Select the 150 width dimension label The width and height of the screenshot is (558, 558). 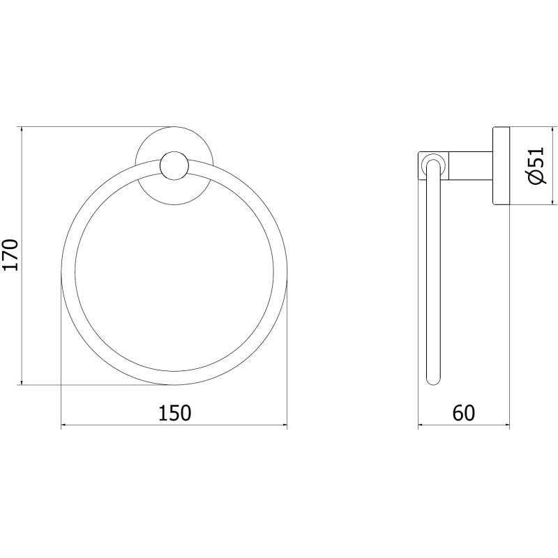(174, 413)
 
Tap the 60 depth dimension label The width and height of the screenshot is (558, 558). (463, 413)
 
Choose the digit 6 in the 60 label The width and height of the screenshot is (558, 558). (458, 413)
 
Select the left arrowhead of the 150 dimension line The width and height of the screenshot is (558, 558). (65, 424)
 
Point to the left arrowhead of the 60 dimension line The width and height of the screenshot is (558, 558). (421, 424)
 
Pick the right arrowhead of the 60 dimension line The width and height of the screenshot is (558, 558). (507, 424)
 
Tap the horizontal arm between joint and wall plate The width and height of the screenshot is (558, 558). (471, 165)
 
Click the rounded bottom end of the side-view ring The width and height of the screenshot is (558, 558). (433, 381)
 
